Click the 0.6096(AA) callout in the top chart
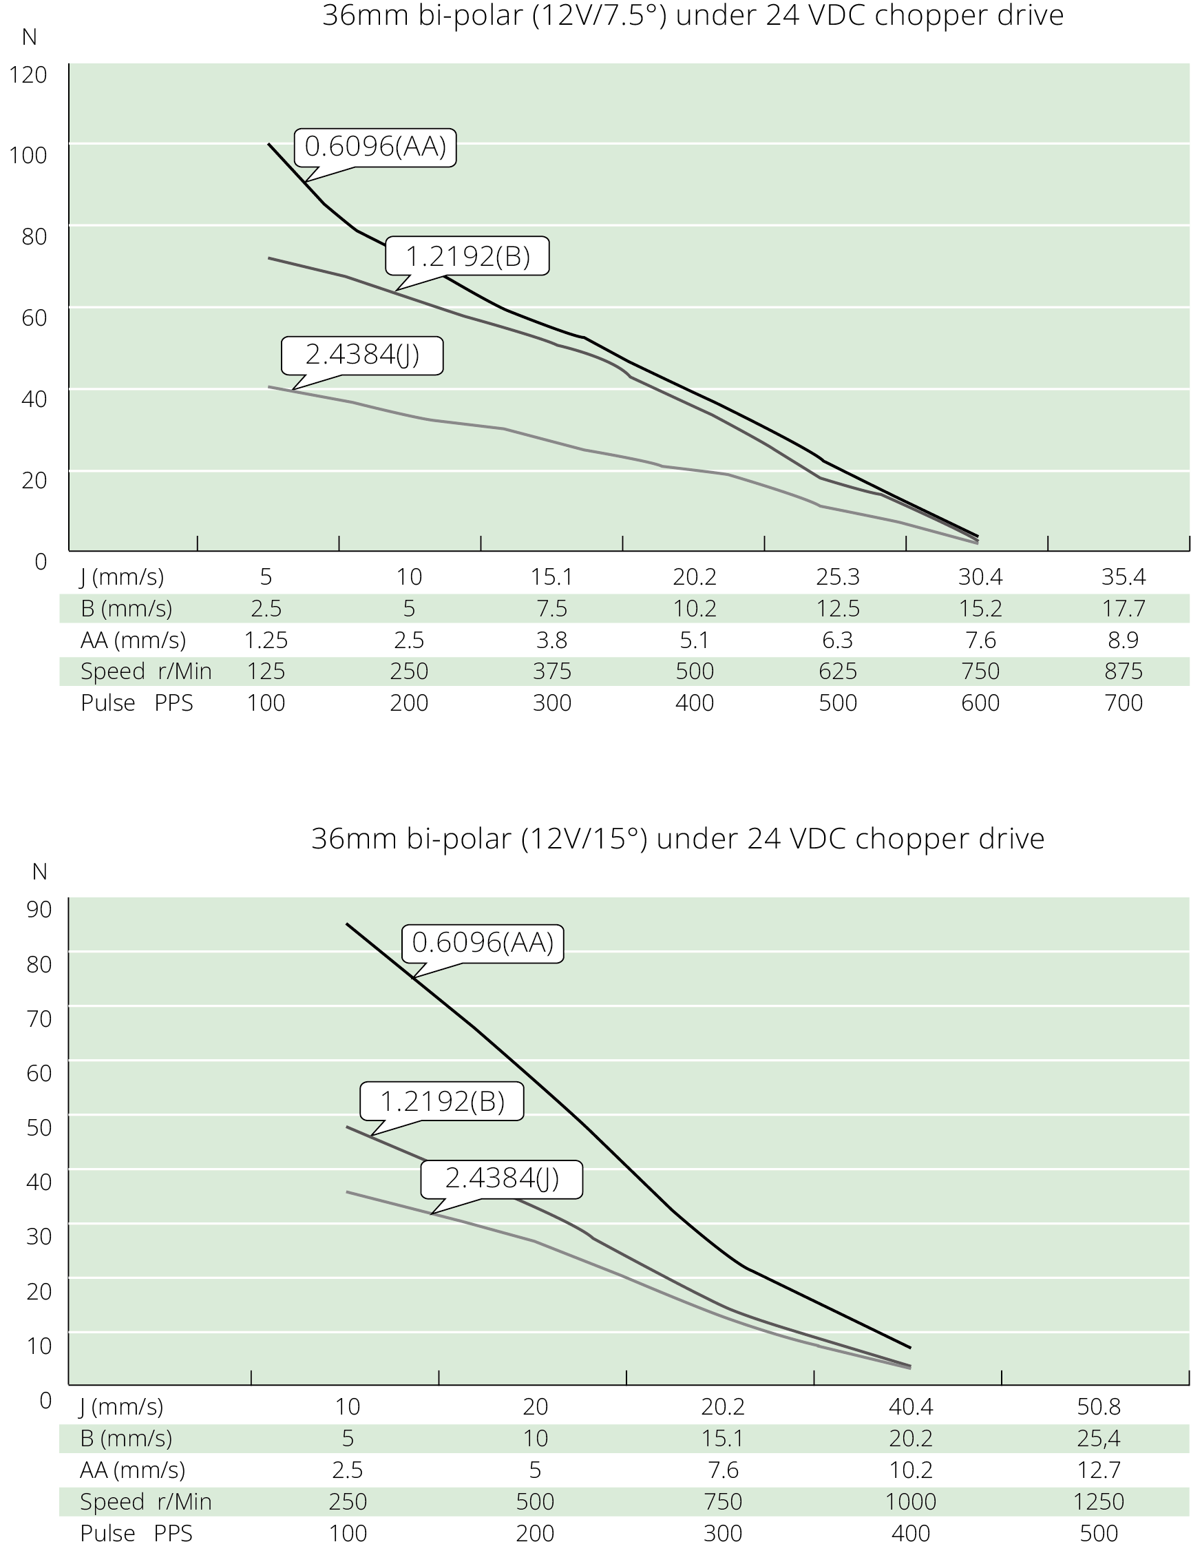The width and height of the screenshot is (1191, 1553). click(x=376, y=147)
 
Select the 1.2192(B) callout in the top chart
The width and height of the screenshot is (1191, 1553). click(x=467, y=256)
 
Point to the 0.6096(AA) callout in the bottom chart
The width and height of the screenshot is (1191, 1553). click(x=482, y=942)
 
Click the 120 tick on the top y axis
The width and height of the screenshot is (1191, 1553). click(x=28, y=74)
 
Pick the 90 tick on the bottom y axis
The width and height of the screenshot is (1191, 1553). click(x=39, y=909)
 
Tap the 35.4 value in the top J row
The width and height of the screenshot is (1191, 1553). click(x=1123, y=577)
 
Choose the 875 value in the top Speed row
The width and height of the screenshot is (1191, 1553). click(x=1123, y=671)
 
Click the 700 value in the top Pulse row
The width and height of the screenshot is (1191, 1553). click(x=1123, y=702)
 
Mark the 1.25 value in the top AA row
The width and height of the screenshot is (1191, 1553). click(x=266, y=640)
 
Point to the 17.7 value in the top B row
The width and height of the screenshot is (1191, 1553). click(x=1123, y=608)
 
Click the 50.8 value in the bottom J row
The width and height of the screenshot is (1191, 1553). click(x=1098, y=1406)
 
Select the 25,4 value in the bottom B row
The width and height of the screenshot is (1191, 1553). click(x=1098, y=1438)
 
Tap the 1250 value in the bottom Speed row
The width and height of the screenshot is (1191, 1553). click(x=1098, y=1501)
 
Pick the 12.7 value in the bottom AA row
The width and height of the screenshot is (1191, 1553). click(x=1098, y=1469)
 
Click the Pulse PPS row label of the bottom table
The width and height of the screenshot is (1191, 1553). click(x=136, y=1533)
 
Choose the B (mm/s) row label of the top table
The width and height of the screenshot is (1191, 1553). click(x=126, y=608)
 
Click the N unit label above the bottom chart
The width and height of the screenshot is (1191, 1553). click(x=40, y=871)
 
